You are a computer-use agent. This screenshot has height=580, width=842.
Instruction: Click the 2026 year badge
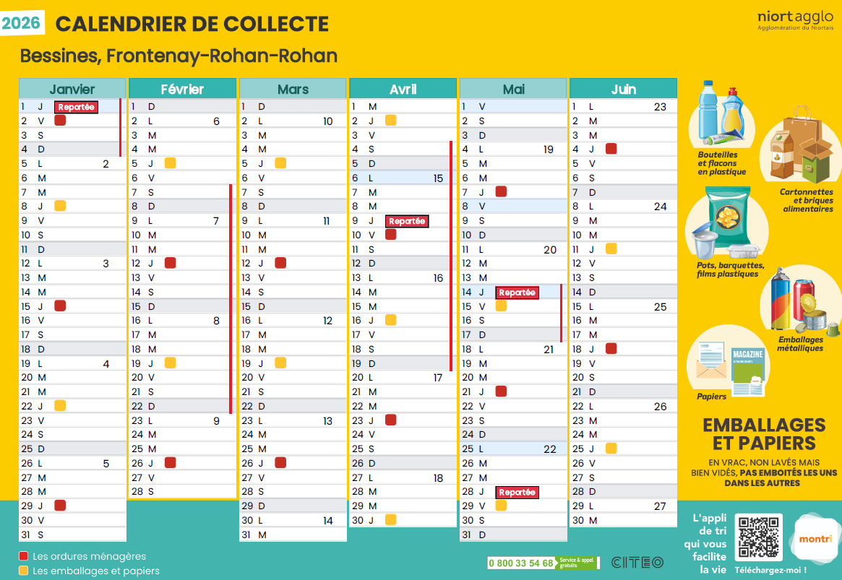pos(22,23)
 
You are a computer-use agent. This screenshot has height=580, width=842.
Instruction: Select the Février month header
pos(182,89)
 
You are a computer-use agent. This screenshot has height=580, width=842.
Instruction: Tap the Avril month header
pos(403,89)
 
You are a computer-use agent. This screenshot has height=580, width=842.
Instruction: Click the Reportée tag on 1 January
pos(76,107)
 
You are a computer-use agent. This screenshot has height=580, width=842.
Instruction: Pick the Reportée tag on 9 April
pos(407,221)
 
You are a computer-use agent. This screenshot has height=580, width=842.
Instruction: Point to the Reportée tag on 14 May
pos(517,293)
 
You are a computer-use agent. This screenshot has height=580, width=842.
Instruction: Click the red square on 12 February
pos(171,263)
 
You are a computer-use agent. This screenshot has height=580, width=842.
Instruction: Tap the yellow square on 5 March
pos(280,163)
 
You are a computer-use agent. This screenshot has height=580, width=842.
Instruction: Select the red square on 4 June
pos(611,150)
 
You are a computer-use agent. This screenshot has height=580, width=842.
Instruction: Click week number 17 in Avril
pos(438,378)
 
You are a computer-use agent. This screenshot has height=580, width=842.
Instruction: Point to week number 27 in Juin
pos(660,506)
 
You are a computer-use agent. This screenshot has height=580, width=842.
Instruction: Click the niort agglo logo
pos(795,20)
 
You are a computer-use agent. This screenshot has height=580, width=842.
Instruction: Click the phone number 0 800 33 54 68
pos(520,563)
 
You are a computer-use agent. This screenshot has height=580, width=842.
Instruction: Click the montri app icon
pos(815,539)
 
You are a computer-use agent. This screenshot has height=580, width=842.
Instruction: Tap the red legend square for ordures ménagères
pos(24,556)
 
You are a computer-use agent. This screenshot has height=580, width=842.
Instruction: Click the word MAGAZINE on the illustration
pos(747,355)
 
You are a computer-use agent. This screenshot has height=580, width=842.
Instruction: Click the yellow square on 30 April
pos(390,519)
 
